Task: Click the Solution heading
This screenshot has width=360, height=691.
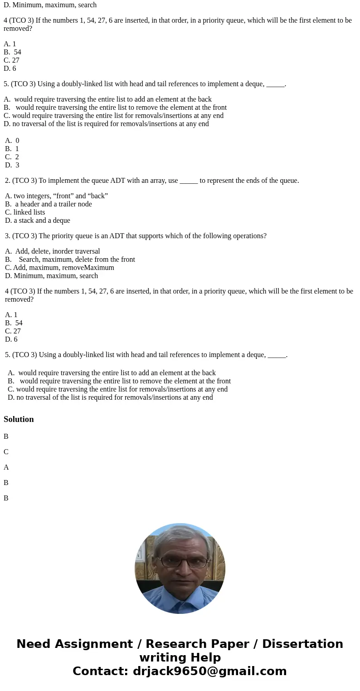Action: coord(19,419)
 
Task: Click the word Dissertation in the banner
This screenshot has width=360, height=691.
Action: coord(302,644)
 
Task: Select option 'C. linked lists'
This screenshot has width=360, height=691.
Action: coord(25,212)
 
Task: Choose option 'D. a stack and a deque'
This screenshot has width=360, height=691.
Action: coord(38,221)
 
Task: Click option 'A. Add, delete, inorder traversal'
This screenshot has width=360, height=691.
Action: coord(53,251)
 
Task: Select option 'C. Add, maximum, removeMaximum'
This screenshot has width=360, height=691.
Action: coord(59,268)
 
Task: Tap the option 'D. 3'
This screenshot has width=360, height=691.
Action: coord(12,165)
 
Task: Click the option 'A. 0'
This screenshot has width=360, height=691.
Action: coord(12,141)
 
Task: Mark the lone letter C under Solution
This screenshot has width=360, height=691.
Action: coord(6,452)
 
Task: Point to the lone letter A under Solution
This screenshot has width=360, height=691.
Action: coord(6,467)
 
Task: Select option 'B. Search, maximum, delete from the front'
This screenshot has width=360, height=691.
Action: coord(70,260)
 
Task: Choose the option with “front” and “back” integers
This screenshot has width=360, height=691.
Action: coord(56,196)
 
